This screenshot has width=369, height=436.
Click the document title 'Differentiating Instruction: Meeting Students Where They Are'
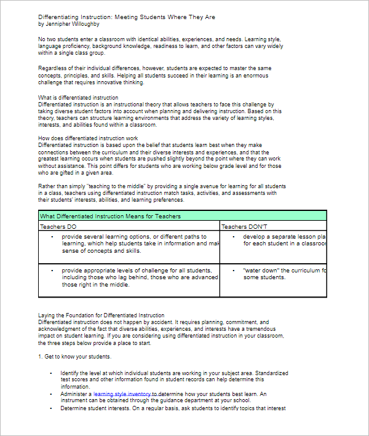[127, 17]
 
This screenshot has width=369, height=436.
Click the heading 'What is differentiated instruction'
[78, 98]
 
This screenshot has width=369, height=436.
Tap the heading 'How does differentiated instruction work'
[88, 138]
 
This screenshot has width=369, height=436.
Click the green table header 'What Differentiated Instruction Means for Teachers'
[111, 216]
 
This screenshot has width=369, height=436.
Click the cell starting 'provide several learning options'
[138, 244]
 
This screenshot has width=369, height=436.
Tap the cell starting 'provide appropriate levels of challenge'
[138, 277]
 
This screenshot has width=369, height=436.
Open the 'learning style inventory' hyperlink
[125, 394]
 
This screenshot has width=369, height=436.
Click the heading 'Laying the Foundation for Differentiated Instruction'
[101, 315]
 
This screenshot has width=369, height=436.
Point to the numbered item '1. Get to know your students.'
[74, 357]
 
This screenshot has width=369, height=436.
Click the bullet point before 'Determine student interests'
[52, 408]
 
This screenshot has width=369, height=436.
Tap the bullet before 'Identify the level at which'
[52, 373]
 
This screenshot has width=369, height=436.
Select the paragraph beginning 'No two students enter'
[160, 46]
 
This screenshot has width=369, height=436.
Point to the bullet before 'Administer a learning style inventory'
[52, 394]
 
